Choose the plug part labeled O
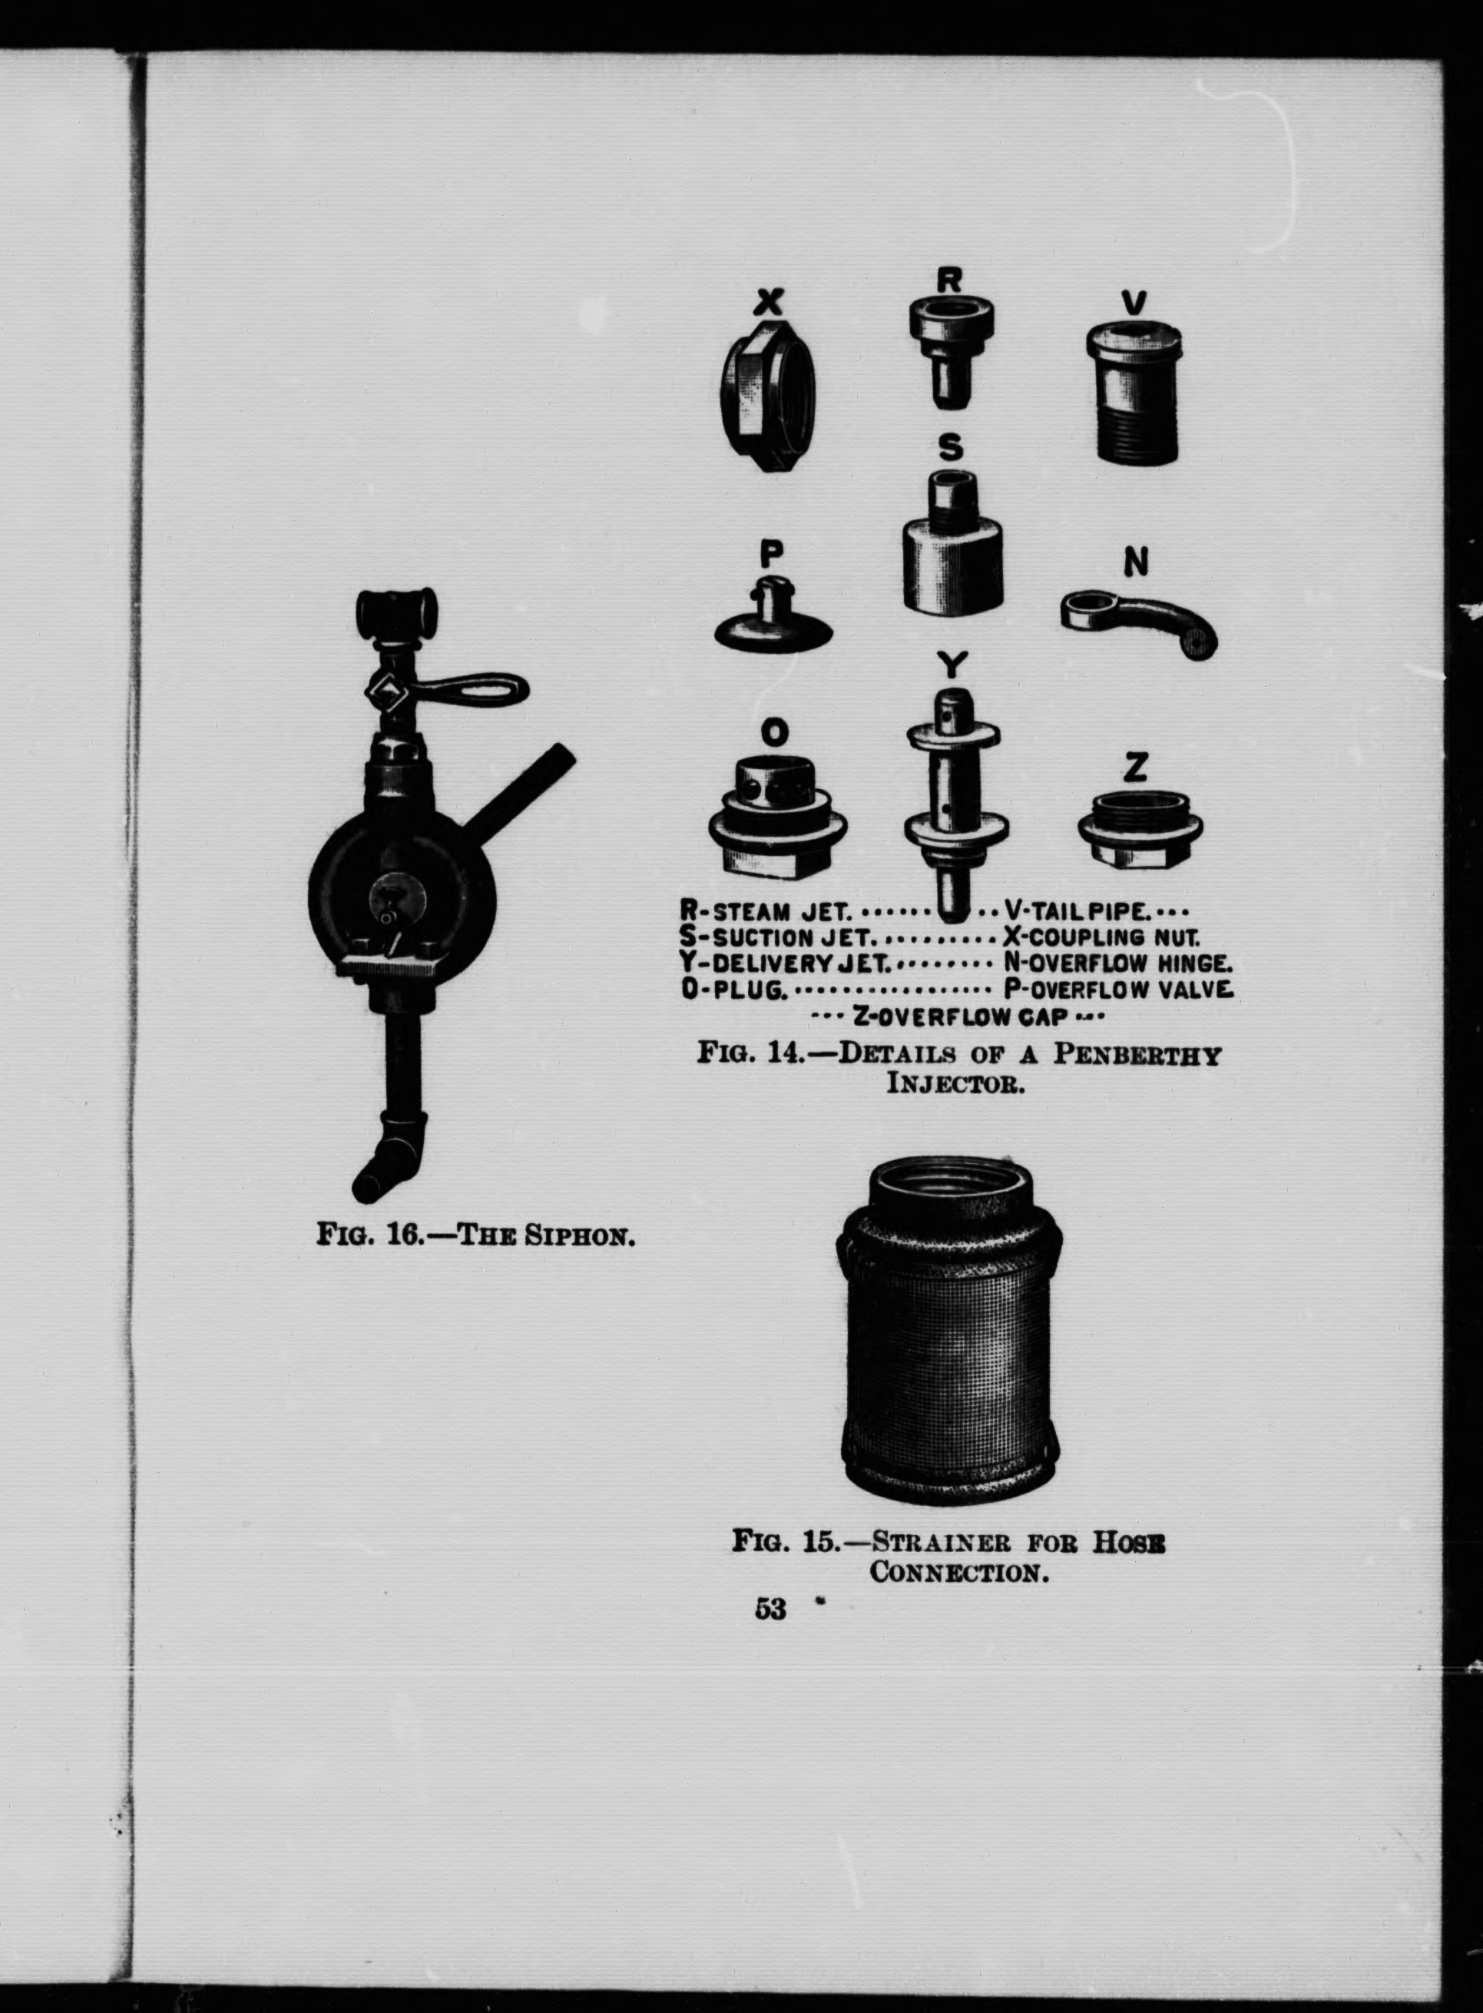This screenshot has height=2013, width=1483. point(777,813)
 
